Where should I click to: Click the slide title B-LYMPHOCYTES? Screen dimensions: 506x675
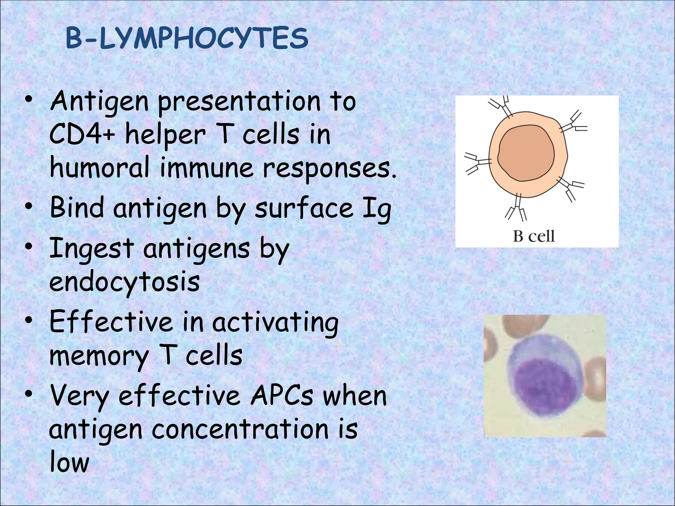[x=187, y=39]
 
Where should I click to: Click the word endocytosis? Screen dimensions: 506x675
[x=125, y=283]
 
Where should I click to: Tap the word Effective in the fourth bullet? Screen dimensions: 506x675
[x=111, y=322]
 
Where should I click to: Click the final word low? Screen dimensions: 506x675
[x=69, y=462]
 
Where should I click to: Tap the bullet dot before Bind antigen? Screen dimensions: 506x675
[x=29, y=207]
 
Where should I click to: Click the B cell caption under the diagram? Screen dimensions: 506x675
[x=534, y=236]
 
